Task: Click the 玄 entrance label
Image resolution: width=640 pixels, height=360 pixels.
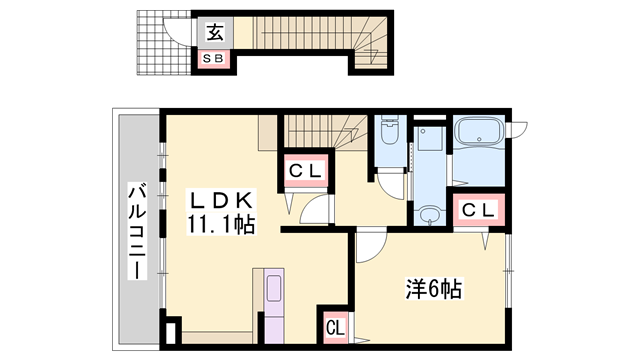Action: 214,32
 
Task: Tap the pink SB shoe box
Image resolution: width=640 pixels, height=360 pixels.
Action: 214,59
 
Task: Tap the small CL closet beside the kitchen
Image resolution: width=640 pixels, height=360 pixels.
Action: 334,326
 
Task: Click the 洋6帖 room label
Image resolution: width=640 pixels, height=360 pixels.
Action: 432,290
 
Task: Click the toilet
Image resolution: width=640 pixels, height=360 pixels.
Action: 389,140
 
